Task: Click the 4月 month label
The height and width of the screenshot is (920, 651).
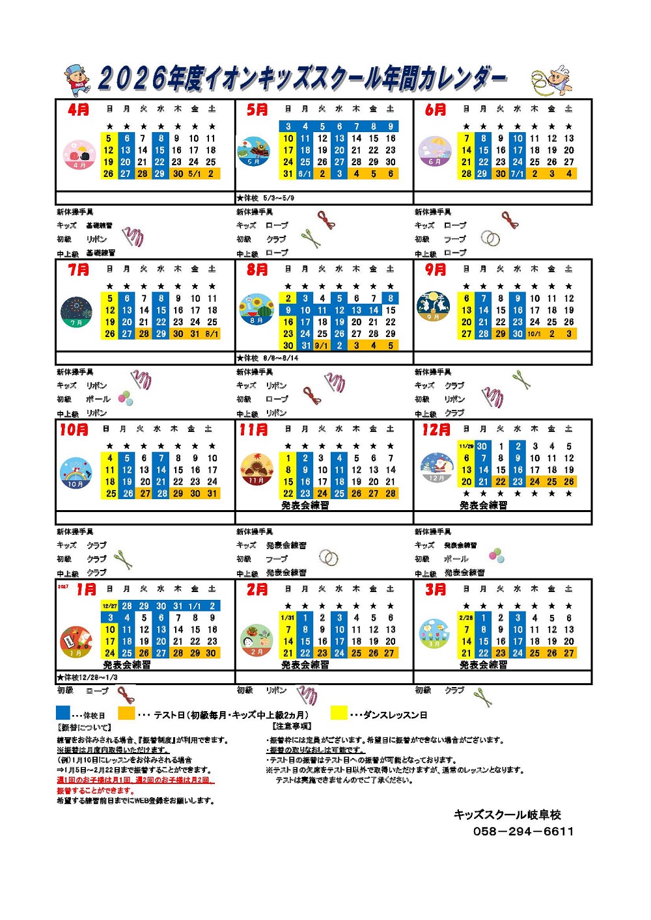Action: coord(78,109)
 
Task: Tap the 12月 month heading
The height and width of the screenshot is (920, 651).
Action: coord(436,429)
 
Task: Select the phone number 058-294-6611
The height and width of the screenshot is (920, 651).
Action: coord(523,831)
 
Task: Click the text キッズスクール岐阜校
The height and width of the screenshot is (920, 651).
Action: coord(507,815)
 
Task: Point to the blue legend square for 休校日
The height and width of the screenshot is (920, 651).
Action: coord(63,713)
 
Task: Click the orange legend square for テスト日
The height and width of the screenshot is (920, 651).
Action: coord(126,713)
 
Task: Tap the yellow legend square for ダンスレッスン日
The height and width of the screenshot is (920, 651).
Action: coord(339,713)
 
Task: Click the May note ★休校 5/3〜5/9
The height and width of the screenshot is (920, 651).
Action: coord(265,198)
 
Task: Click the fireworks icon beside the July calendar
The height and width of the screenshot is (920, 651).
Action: coord(76,312)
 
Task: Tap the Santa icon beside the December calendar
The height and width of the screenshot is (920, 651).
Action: coord(436,468)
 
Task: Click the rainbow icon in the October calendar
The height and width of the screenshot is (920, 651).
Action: coord(76,474)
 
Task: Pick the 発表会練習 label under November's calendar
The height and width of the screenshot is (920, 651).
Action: coord(305,505)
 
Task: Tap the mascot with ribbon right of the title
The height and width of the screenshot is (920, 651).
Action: coord(552,80)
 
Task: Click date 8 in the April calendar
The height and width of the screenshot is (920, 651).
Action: coord(160,138)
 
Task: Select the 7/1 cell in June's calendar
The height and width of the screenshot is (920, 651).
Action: coord(517,174)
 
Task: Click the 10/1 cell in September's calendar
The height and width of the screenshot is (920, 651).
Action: coord(534,334)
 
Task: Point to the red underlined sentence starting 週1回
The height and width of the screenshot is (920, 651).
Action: coord(135,780)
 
